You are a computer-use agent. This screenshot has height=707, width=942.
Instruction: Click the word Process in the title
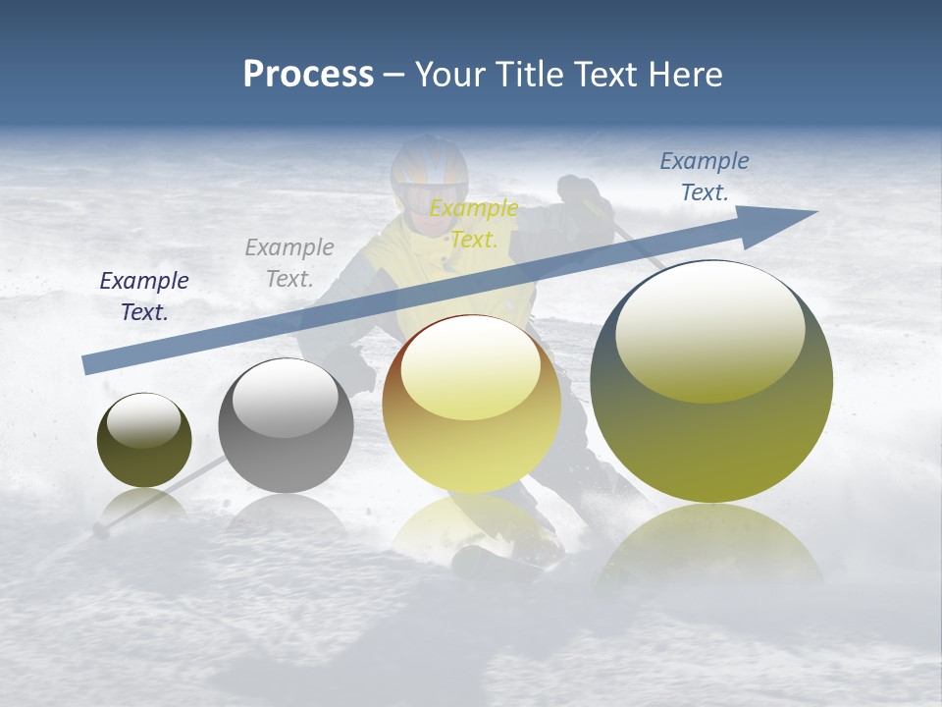(x=308, y=75)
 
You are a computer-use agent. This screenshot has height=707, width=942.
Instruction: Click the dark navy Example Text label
(x=144, y=296)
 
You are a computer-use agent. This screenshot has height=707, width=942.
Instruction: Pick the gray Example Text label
(x=289, y=262)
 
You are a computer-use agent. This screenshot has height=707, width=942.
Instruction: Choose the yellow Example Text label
(x=474, y=223)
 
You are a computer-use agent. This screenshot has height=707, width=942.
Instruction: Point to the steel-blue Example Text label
(x=705, y=177)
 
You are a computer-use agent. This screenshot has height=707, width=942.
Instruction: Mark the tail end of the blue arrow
(x=86, y=365)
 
